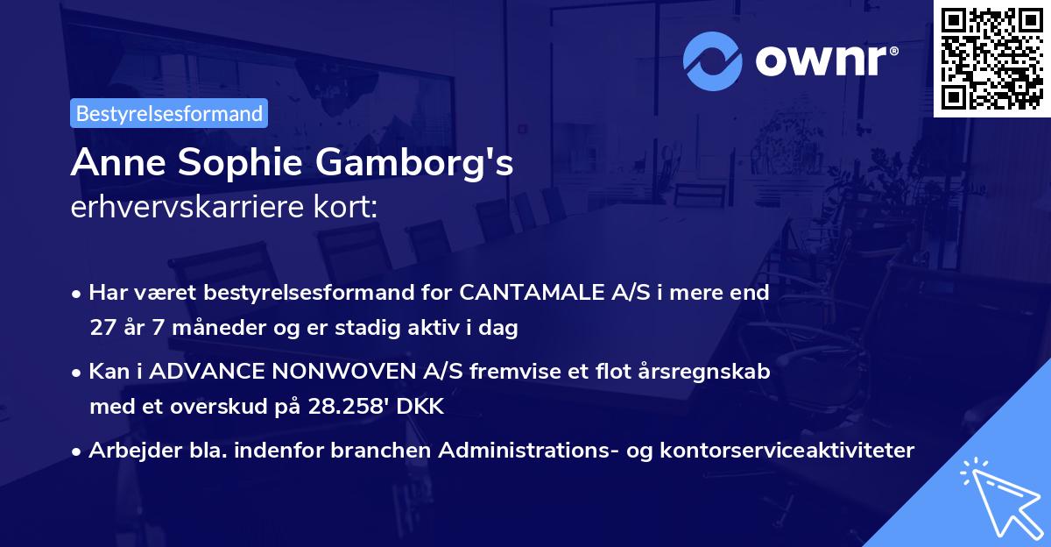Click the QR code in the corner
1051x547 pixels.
point(991,58)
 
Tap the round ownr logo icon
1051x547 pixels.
point(713,61)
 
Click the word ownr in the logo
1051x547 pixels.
point(826,62)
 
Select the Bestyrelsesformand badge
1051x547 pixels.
point(169,113)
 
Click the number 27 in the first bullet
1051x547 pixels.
point(102,328)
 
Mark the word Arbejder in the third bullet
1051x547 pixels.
point(127,451)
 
